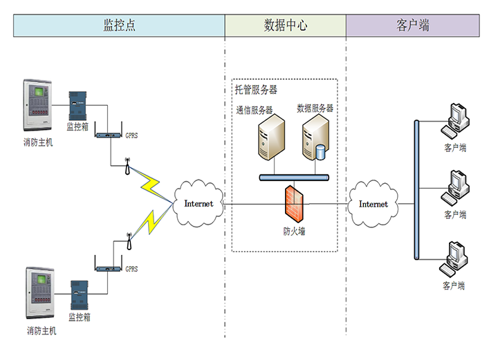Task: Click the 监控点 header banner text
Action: point(119,26)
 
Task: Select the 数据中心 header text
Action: point(285,26)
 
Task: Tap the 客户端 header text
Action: point(413,26)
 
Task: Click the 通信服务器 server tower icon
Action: point(271,137)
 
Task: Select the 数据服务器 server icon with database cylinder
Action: point(314,137)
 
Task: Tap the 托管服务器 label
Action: point(255,90)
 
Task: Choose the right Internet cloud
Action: point(373,204)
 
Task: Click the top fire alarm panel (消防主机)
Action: point(38,107)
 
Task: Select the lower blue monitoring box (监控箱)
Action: point(80,295)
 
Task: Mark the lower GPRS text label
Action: point(131,269)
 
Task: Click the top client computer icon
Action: point(456,120)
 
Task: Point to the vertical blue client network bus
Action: point(416,191)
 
